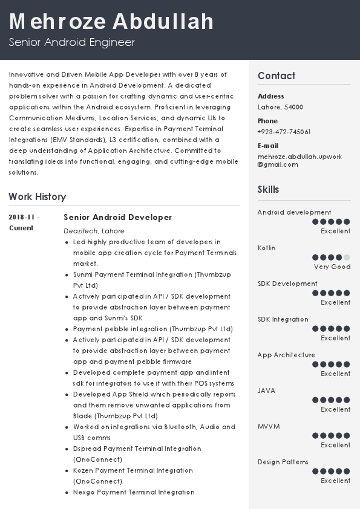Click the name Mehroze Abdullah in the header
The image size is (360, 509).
(x=111, y=22)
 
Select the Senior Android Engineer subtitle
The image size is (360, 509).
(x=71, y=42)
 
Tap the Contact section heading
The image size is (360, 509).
(x=277, y=76)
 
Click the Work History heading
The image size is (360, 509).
(x=38, y=196)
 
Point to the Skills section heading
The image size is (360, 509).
(x=269, y=189)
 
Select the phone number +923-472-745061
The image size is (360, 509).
(x=284, y=132)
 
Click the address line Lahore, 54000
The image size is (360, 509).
(x=280, y=107)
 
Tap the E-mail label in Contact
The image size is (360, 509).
(x=268, y=146)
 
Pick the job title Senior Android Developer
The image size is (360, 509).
(x=117, y=217)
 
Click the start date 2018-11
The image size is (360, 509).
(x=24, y=217)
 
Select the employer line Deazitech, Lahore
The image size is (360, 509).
(x=94, y=231)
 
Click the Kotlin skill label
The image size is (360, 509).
(x=266, y=248)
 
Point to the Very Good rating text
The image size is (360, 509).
(x=332, y=267)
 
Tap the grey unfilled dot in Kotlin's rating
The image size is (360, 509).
(x=347, y=258)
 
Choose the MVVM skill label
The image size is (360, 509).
(x=269, y=426)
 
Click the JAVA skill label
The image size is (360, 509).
(x=266, y=391)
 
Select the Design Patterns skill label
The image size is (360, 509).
(x=283, y=462)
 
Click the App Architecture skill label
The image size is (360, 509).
(x=286, y=355)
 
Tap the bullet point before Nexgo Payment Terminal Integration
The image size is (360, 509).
(x=67, y=493)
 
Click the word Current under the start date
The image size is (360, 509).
(x=21, y=228)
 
